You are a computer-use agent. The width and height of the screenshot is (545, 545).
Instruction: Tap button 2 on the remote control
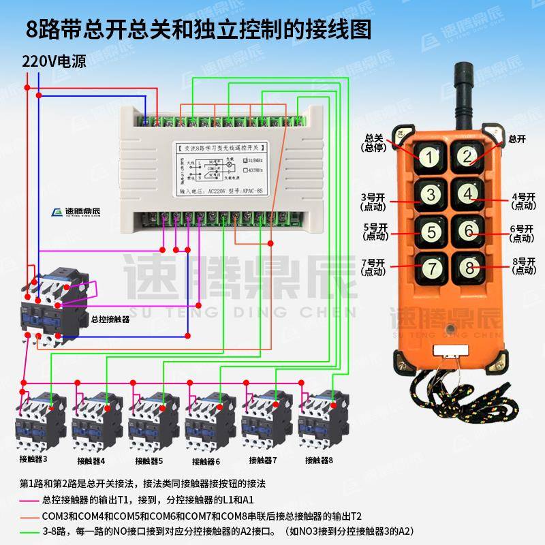467,157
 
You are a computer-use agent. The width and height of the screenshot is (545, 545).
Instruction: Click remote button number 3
429,194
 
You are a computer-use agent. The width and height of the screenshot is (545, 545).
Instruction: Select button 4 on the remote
467,194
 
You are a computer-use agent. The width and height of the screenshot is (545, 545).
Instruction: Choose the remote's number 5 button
429,231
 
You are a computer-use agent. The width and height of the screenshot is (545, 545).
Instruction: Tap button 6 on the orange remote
467,231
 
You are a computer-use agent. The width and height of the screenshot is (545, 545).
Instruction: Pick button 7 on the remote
429,267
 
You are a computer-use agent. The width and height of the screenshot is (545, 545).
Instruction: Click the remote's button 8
467,267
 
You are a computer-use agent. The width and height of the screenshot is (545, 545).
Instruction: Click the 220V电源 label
54,61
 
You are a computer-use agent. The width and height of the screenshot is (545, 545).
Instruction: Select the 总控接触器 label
110,318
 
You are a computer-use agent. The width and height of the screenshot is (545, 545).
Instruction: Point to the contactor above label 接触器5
149,419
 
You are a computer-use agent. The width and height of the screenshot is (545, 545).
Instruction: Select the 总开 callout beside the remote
516,138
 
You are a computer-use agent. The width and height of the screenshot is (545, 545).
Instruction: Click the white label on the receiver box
220,170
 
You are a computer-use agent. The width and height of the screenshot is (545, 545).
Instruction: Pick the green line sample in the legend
30,531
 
